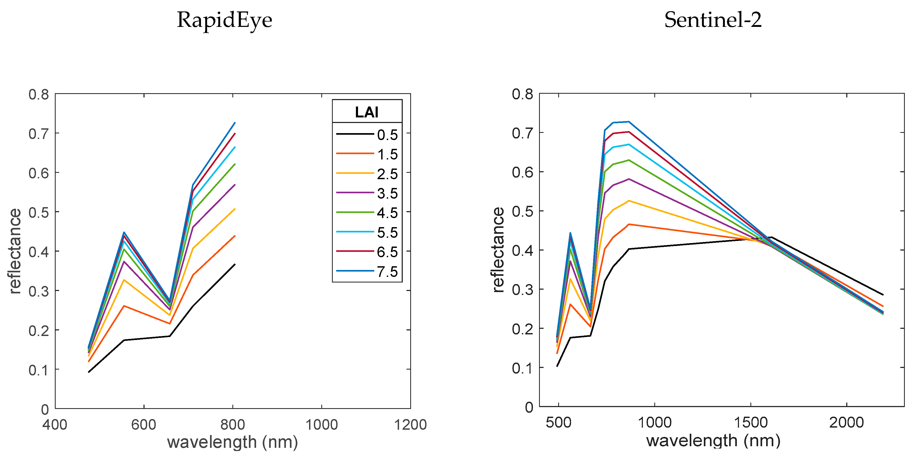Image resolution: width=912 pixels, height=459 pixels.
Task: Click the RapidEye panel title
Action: click(x=224, y=20)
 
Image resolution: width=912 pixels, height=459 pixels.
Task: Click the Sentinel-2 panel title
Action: click(x=712, y=20)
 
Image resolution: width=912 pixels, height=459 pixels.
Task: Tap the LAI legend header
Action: click(x=367, y=112)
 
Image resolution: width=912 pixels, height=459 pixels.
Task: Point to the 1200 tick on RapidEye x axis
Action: click(x=410, y=424)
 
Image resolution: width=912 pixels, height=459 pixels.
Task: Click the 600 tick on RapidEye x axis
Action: click(x=144, y=424)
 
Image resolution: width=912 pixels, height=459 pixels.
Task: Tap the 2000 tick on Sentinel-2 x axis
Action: click(x=846, y=423)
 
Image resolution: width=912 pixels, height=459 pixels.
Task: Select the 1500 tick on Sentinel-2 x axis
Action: click(x=750, y=423)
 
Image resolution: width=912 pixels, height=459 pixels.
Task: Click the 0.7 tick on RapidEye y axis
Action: click(x=39, y=134)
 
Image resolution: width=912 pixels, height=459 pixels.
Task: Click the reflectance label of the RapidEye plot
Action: click(x=15, y=251)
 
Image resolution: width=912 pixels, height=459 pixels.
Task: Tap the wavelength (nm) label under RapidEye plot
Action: click(x=232, y=442)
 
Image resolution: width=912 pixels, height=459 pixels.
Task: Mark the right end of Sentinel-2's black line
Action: click(x=883, y=294)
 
